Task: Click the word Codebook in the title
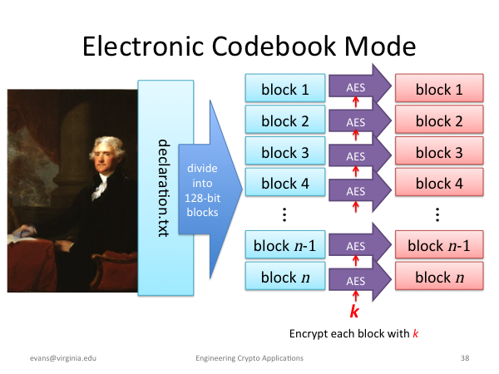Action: (274, 47)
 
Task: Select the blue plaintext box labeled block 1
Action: (285, 88)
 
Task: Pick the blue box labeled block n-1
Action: (285, 244)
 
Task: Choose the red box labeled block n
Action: (439, 276)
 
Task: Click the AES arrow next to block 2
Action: (359, 121)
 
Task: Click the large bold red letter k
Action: (354, 312)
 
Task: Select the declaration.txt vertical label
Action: (164, 188)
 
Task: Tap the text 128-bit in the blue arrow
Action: (202, 198)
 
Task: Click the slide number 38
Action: (465, 358)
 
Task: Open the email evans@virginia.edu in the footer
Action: (63, 358)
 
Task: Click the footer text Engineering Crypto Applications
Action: (249, 358)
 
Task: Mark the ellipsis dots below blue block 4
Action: (284, 214)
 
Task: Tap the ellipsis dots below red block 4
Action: (437, 214)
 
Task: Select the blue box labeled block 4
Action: (285, 182)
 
